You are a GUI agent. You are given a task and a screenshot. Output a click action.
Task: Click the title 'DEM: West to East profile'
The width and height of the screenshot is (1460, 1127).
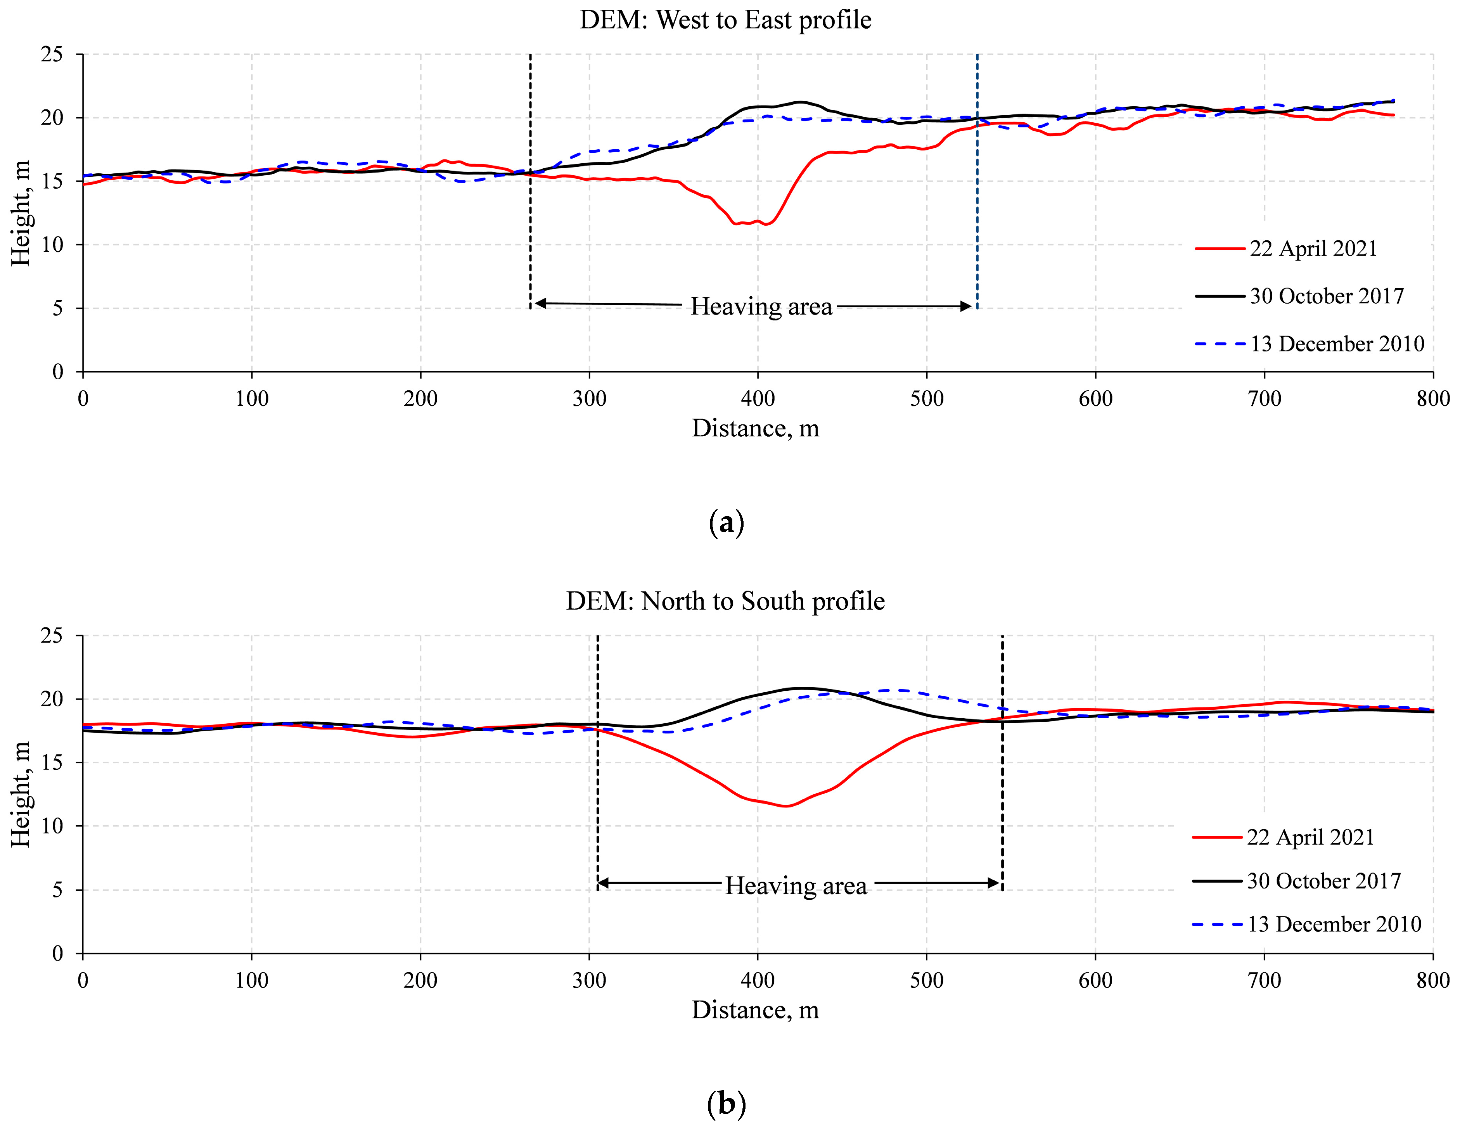tap(725, 20)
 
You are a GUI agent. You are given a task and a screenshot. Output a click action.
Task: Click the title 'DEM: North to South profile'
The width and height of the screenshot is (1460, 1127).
tap(725, 601)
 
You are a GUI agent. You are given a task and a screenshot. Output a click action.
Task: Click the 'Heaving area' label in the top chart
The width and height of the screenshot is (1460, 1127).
tap(761, 307)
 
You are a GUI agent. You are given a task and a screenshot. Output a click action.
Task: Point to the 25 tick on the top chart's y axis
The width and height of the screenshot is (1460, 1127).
tap(52, 54)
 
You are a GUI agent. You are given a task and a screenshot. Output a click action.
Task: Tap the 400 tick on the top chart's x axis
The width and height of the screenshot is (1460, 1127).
tap(758, 399)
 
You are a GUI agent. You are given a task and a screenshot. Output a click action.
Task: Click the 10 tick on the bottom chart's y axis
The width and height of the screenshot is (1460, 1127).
tap(52, 826)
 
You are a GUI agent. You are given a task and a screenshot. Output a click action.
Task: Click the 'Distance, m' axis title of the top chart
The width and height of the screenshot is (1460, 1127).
tap(755, 429)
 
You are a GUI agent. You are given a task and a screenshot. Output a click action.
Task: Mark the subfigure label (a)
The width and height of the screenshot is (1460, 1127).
tap(725, 522)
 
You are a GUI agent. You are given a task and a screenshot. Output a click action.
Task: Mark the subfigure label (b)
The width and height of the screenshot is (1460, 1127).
tap(725, 1104)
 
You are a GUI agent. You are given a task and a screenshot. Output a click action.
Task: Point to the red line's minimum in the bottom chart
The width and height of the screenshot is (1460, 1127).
tap(786, 806)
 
